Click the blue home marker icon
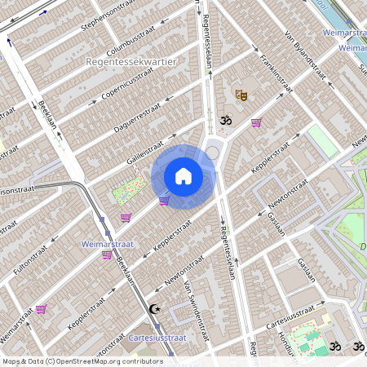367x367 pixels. (183, 176)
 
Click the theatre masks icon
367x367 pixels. (241, 95)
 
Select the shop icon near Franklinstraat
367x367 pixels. (257, 123)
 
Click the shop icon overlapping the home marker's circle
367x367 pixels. (164, 201)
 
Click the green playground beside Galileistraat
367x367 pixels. (127, 192)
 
